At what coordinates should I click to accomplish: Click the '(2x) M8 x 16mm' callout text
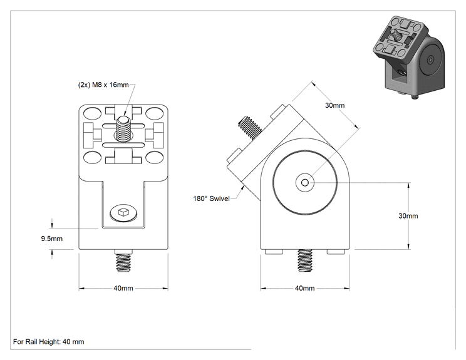point(103,85)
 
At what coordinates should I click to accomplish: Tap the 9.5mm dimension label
point(52,239)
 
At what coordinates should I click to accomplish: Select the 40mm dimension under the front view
point(123,289)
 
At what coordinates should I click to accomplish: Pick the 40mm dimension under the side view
point(304,289)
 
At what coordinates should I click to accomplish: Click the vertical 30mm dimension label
point(408,216)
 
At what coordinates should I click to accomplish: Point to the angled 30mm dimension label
point(335,105)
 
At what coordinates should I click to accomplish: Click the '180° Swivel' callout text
point(211,198)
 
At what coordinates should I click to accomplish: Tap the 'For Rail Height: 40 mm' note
point(49,342)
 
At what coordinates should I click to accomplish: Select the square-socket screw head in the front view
point(123,212)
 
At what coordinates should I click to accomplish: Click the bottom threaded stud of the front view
point(123,260)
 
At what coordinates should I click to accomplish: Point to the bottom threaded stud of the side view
point(305,260)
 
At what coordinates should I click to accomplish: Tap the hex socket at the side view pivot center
point(304,182)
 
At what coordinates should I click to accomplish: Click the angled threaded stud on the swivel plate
point(251,128)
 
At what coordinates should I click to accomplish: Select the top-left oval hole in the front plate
point(93,113)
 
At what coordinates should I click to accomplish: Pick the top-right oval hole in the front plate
point(154,113)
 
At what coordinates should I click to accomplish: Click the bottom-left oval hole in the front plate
point(93,157)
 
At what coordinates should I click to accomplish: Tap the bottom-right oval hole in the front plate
point(154,157)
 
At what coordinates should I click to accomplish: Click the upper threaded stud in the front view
point(123,129)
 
